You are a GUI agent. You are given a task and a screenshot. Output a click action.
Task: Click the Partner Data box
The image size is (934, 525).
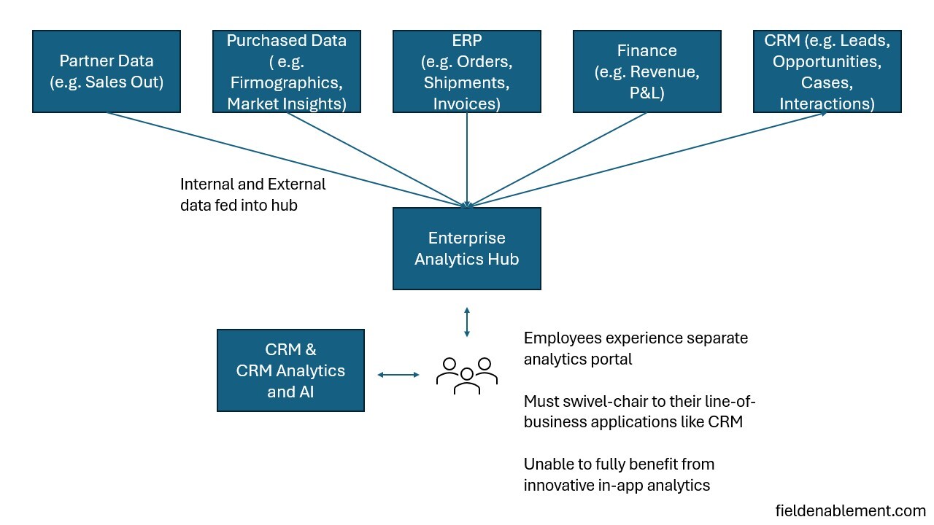(x=107, y=71)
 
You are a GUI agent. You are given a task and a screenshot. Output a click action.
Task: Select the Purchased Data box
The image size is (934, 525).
(x=286, y=71)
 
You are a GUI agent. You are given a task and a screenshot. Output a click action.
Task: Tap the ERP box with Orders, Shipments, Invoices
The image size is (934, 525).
(x=466, y=71)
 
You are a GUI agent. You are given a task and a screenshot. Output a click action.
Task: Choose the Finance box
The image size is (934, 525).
(x=647, y=71)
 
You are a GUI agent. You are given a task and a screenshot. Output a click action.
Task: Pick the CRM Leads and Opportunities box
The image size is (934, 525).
(x=827, y=71)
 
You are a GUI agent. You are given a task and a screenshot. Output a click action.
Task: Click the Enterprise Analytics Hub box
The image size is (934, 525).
(x=466, y=249)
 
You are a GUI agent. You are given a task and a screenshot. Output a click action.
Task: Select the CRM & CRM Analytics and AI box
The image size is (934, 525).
(x=290, y=370)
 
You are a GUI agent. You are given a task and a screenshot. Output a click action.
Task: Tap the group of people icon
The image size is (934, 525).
(x=467, y=375)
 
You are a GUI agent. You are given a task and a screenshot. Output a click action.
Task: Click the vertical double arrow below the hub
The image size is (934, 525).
(x=467, y=322)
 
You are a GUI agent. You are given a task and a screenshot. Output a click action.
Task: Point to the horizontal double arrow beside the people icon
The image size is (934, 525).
(x=398, y=375)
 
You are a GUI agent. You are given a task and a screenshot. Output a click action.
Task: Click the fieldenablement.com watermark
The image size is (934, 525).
(x=850, y=510)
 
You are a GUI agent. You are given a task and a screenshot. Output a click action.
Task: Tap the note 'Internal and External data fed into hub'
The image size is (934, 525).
(x=252, y=195)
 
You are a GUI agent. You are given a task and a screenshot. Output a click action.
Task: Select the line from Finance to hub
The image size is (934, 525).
(x=558, y=159)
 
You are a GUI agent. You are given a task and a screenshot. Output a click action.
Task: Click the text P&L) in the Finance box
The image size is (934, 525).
(x=647, y=93)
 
